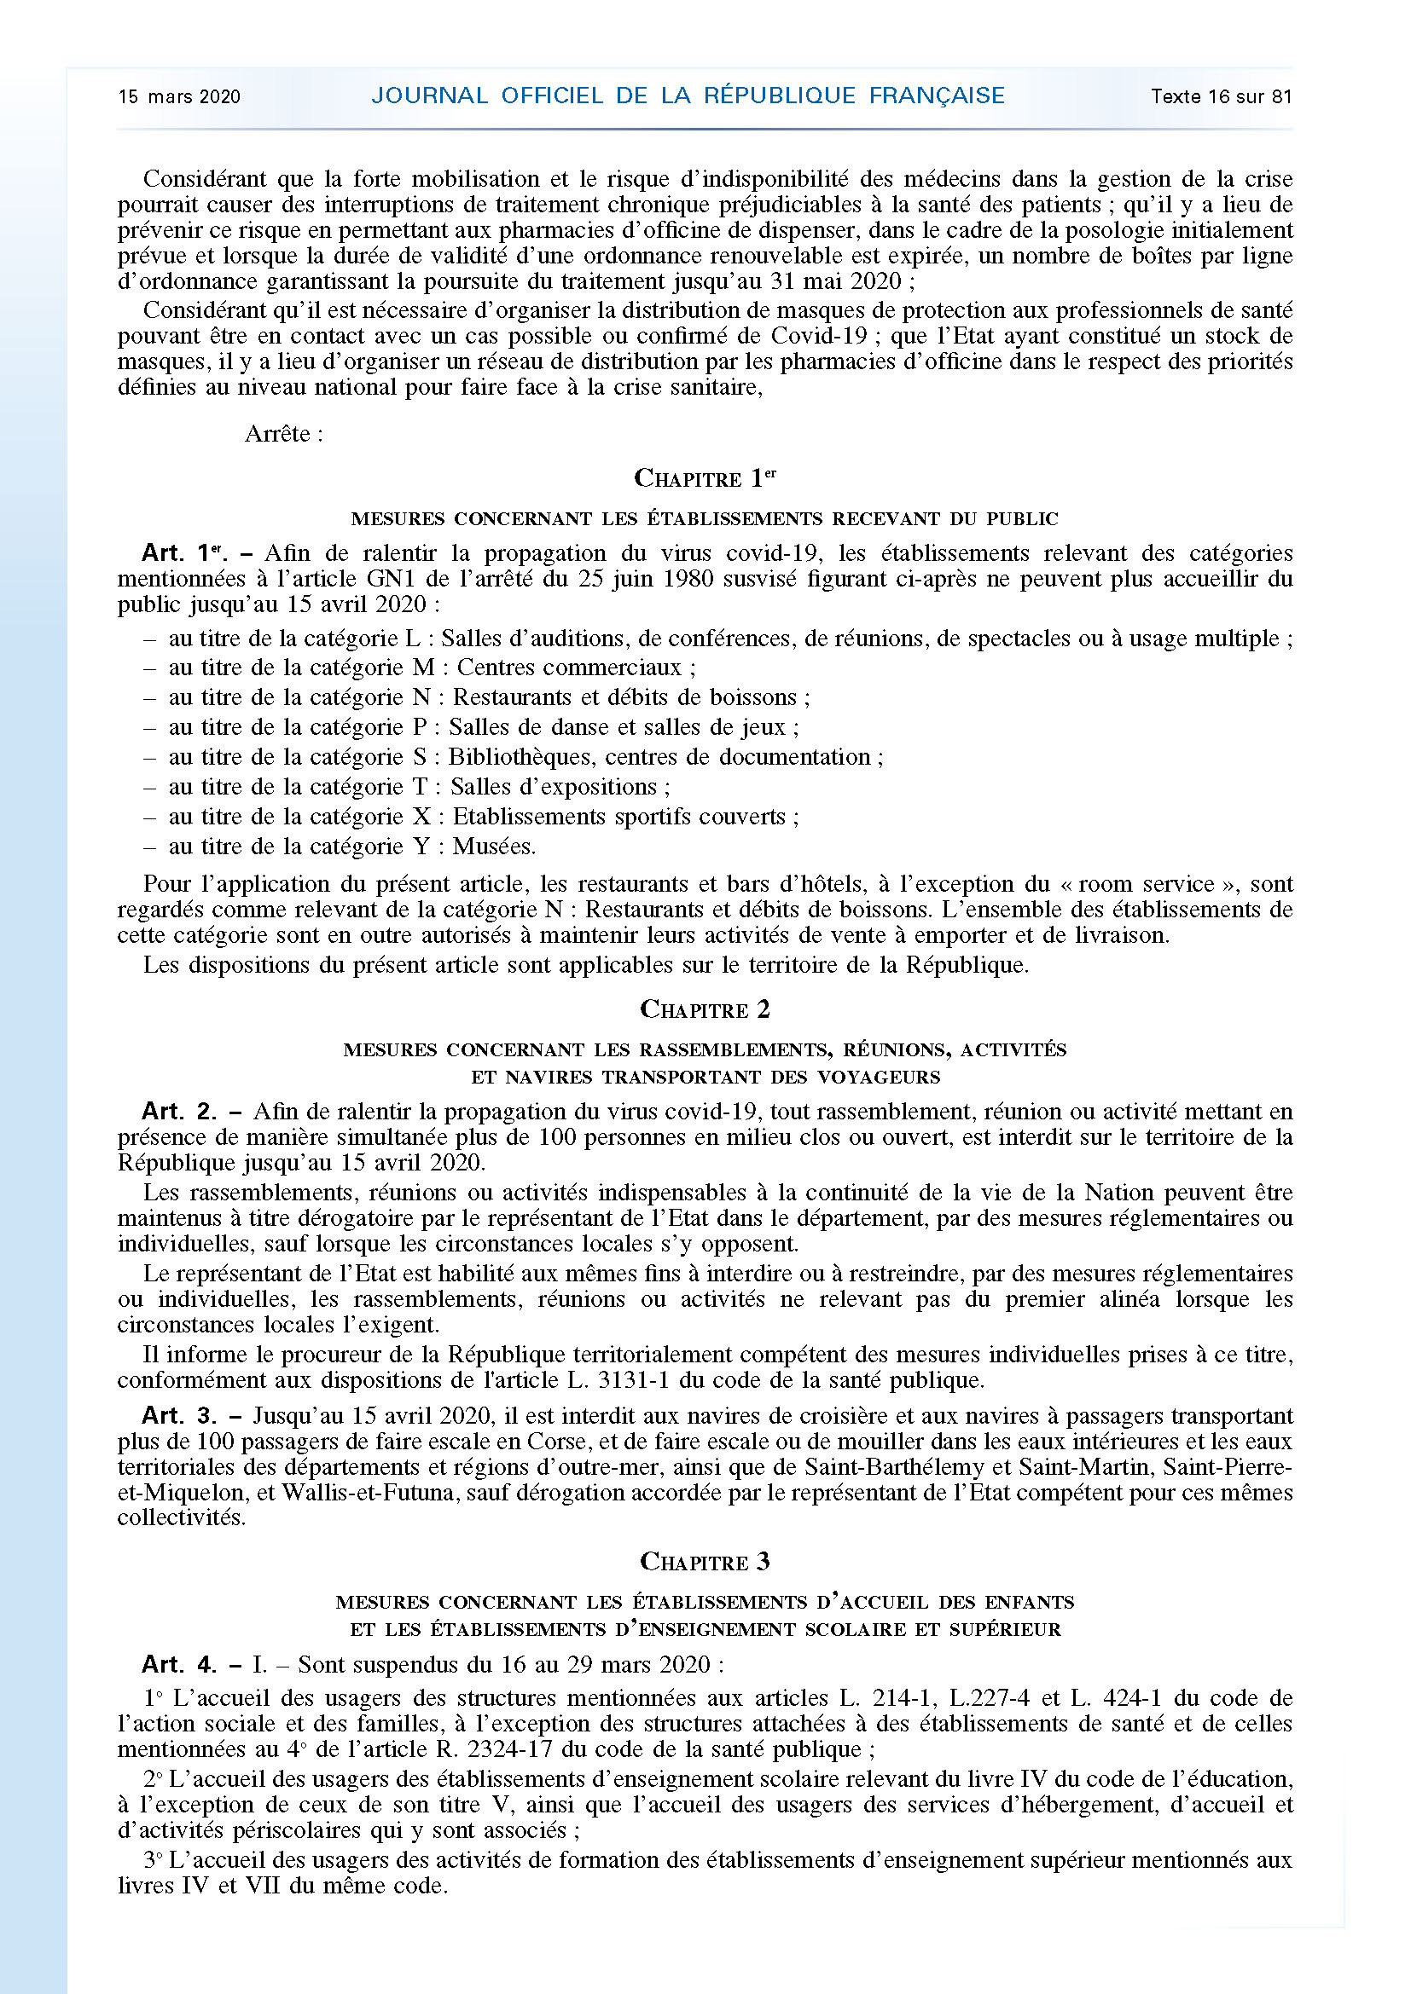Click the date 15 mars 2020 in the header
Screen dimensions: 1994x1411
click(179, 96)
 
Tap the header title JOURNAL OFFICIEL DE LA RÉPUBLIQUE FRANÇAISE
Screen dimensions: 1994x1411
click(688, 95)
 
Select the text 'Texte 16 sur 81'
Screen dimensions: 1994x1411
click(1221, 96)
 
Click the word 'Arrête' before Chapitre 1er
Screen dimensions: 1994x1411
click(277, 433)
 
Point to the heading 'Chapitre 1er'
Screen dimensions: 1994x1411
click(705, 477)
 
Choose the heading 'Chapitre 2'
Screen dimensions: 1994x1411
click(705, 1009)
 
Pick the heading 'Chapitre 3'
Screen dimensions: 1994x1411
click(705, 1562)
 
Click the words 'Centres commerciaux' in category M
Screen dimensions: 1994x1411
click(569, 668)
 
